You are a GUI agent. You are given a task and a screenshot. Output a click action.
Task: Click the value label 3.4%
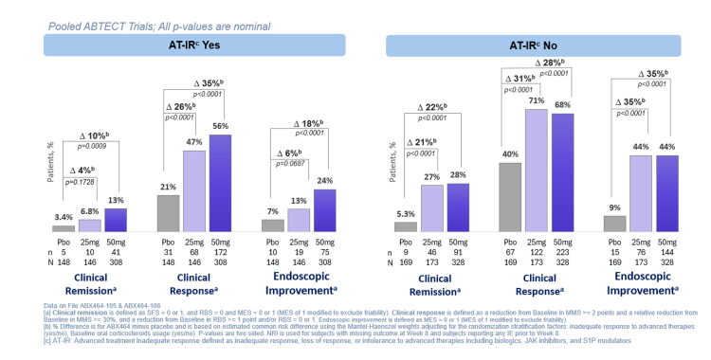tap(64, 218)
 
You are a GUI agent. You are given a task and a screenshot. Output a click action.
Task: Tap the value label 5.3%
tap(405, 213)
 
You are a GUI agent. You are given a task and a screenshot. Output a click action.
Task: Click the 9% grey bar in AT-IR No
tap(614, 224)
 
